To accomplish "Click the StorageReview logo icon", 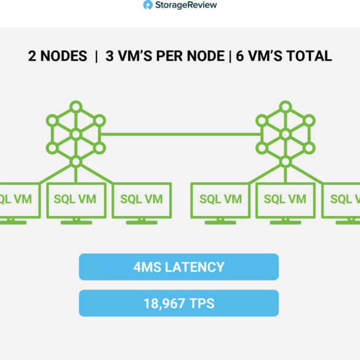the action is point(148,5).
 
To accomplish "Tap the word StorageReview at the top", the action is point(186,5).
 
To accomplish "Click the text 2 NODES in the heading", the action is point(58,56).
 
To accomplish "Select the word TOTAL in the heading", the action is point(310,56).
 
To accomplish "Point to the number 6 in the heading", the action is point(240,56).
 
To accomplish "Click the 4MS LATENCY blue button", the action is point(179,267).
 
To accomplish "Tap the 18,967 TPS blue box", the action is point(179,303).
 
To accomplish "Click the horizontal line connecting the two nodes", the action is point(180,134).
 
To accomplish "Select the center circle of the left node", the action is point(76,134).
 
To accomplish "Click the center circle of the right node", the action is point(286,134).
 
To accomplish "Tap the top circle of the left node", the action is point(76,106).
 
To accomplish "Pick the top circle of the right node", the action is point(286,106).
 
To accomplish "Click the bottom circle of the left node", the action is point(76,162).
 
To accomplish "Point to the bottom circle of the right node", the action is point(286,162).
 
